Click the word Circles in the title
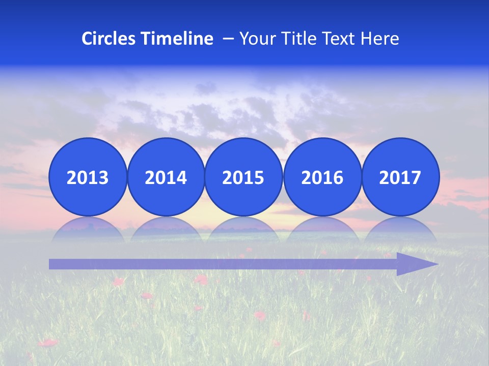coord(108,39)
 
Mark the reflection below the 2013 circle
coord(88,228)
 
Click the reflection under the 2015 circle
coord(243,228)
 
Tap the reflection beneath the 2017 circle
coord(400,228)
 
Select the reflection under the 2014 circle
coord(166,228)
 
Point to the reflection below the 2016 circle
coord(322,228)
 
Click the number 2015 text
coord(243,177)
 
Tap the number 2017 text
coord(400,177)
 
